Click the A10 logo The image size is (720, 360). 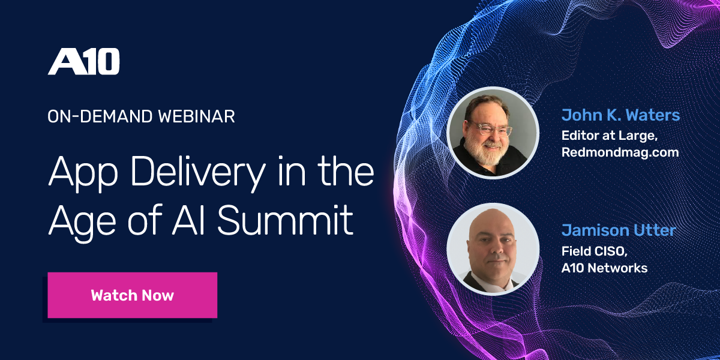coord(84,62)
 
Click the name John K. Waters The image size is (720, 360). coord(620,115)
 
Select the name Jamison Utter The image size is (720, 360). coord(618,230)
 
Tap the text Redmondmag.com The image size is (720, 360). coord(620,152)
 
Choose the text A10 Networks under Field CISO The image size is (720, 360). coord(604,268)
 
